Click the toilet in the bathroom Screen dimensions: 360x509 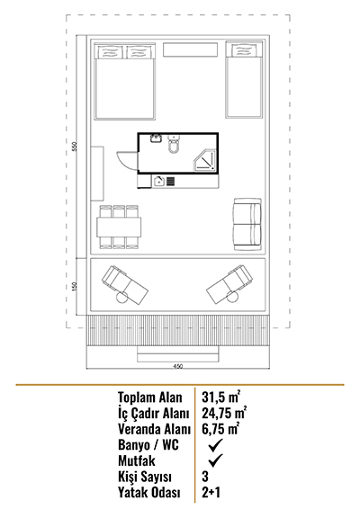pos(174,145)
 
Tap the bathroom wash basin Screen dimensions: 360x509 pos(157,138)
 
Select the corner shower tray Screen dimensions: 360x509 pos(204,160)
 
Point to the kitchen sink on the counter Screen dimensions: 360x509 pos(159,181)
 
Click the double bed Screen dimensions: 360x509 pos(125,81)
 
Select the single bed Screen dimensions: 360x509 pos(244,79)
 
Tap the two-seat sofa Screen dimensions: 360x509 pos(247,224)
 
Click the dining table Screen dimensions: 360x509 pos(119,228)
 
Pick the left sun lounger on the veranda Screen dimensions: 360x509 pos(125,285)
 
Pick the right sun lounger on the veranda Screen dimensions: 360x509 pos(229,284)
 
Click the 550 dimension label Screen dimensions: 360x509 pos(75,147)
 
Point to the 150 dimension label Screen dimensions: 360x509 pos(75,286)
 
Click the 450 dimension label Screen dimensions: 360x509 pos(178,367)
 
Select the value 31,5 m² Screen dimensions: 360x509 pos(220,397)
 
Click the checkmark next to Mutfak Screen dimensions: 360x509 pos(215,460)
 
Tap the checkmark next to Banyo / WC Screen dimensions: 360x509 pos(215,445)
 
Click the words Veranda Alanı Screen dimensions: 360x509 pos(154,429)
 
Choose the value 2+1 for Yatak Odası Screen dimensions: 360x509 pos(211,492)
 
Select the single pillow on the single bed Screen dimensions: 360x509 pos(244,51)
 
